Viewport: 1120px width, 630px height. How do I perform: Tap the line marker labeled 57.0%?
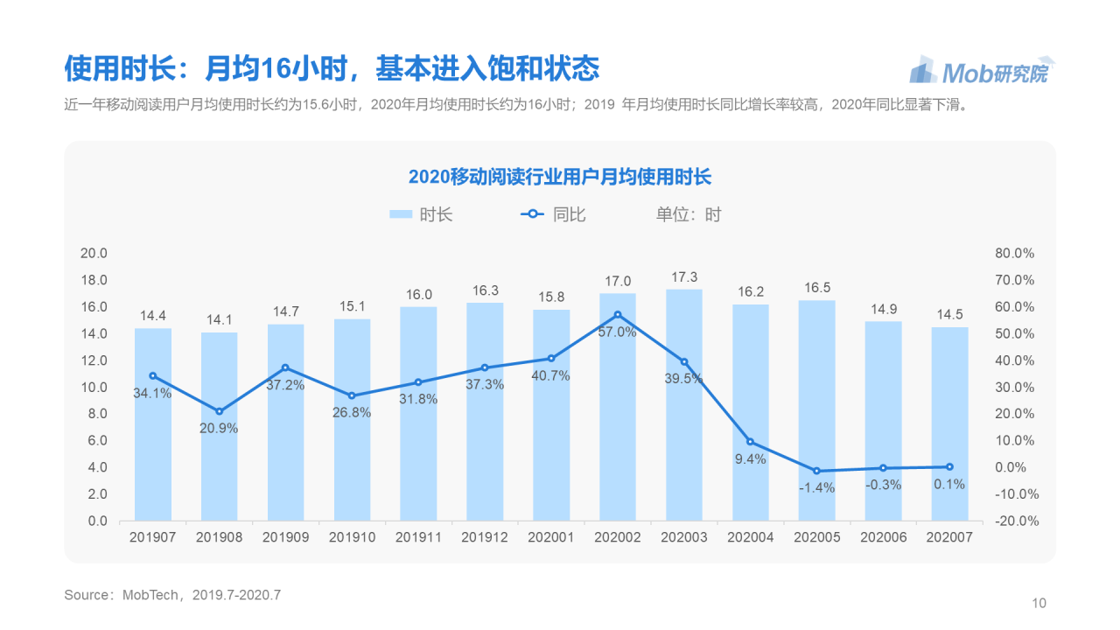tap(618, 315)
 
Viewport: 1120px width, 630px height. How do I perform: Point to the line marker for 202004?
tap(751, 442)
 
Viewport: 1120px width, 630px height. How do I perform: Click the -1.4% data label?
tap(816, 487)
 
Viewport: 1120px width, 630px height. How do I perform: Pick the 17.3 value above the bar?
tap(684, 276)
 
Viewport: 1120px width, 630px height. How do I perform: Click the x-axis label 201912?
tap(485, 537)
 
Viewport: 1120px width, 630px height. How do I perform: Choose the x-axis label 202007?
tap(949, 537)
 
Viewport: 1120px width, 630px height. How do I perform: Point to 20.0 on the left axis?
tap(93, 254)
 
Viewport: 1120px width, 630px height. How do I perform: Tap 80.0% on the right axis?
tap(1014, 254)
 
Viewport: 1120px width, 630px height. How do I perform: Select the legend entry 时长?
tap(421, 214)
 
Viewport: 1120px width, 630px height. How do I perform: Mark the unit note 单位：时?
tap(689, 214)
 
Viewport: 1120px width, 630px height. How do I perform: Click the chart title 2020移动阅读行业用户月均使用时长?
tap(560, 177)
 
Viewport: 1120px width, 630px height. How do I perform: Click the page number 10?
tap(1039, 603)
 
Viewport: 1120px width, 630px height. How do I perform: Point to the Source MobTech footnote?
tap(172, 595)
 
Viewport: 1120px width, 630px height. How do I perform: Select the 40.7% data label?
tap(551, 375)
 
